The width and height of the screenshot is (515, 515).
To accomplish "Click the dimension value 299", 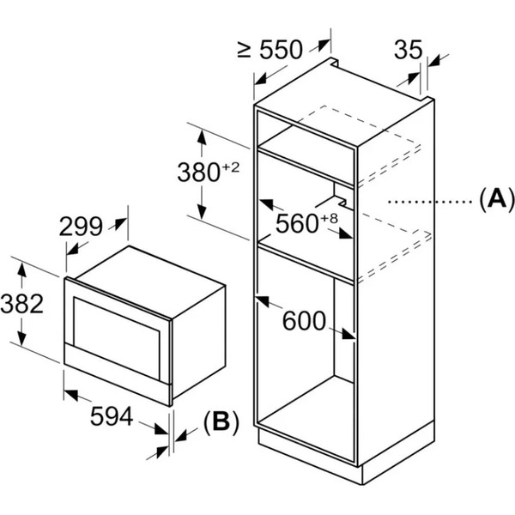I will pos(81,227).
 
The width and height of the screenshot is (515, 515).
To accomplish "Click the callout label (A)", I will pos(495,201).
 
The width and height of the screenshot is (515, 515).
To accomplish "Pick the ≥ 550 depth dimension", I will pos(270,50).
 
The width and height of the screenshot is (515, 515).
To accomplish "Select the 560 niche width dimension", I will pos(296,224).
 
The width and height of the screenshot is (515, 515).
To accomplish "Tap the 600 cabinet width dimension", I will pos(306,322).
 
